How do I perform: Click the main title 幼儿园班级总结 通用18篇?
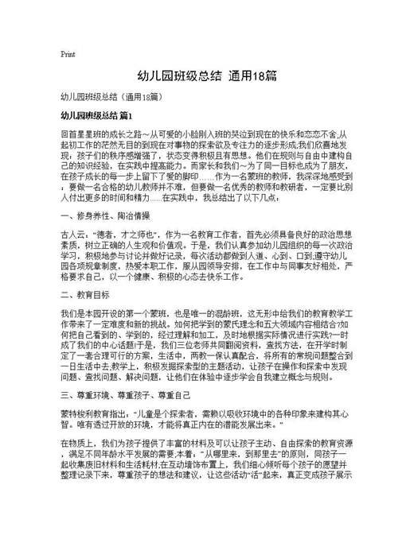[206, 78]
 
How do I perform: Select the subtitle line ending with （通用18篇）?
[111, 97]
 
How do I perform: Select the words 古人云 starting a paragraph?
[73, 235]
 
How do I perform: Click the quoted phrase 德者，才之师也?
[119, 235]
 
